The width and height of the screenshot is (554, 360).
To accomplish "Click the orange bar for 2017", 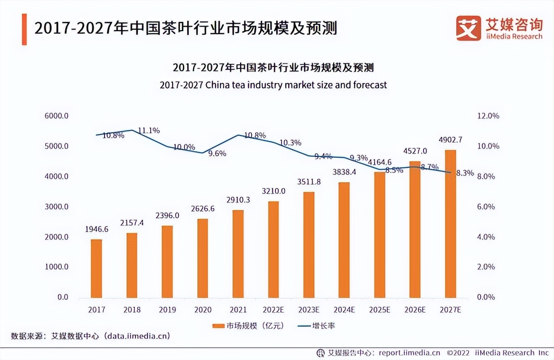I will point(97,269).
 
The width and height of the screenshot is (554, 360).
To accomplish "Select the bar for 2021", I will point(238,254).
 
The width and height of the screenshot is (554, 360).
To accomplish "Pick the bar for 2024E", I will point(344,240).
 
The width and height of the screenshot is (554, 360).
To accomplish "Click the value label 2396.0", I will point(167,215).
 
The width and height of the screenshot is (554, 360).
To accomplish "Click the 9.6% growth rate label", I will point(217,154).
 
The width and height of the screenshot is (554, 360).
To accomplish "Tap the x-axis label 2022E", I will point(274,310).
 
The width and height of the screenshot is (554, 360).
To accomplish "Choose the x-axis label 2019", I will point(167,310).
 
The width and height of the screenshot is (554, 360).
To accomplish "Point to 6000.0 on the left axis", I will point(57,116).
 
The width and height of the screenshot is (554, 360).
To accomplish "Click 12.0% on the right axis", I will point(489,116).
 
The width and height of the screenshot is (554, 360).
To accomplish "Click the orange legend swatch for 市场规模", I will point(218,326).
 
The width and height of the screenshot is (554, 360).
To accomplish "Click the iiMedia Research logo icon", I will point(468,28).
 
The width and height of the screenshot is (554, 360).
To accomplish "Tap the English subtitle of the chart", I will point(273,85).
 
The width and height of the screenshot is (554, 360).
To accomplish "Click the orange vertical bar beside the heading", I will point(24,29).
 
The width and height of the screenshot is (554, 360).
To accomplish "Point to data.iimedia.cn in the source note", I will point(138,336).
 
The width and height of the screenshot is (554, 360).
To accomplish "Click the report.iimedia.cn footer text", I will point(409,352).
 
